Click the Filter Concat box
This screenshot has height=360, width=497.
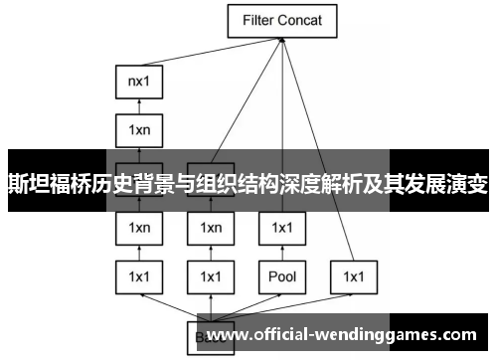coord(281,19)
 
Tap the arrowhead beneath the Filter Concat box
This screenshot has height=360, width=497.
coord(282,40)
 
